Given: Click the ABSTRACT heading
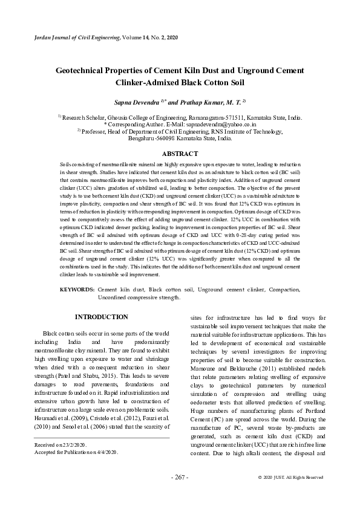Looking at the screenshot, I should tap(180, 154).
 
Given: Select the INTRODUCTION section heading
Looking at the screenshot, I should tap(101, 317).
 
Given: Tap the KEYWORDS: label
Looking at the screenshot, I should tap(77, 290).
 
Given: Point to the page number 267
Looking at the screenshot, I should tap(180, 477).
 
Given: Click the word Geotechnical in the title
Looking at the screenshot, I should tap(88, 71).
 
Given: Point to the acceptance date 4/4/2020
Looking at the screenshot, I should tap(104, 452).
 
